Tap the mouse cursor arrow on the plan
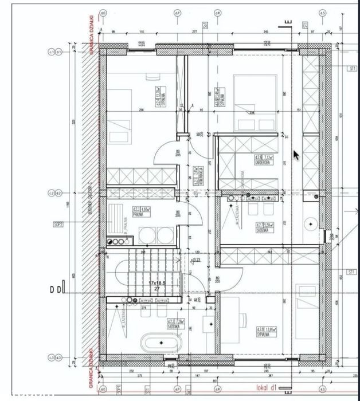[x=296, y=155]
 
